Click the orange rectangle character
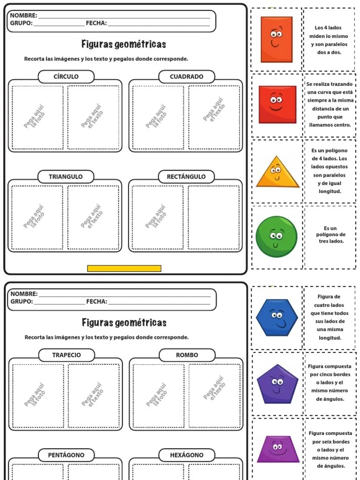point(276,39)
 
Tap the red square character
point(277,105)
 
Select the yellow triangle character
point(277,172)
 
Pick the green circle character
point(277,237)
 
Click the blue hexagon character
point(277,317)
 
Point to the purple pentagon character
point(277,384)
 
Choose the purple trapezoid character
point(277,449)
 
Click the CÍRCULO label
point(66,76)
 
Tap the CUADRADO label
point(187,76)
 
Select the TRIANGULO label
point(66,177)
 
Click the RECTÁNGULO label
point(186,177)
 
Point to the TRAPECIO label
point(66,355)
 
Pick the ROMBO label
point(187,355)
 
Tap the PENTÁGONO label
point(66,455)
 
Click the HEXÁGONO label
point(187,455)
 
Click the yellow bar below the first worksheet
point(124,269)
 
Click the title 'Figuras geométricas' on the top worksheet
point(124,45)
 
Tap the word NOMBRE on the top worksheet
point(23,15)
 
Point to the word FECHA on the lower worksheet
point(97,301)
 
